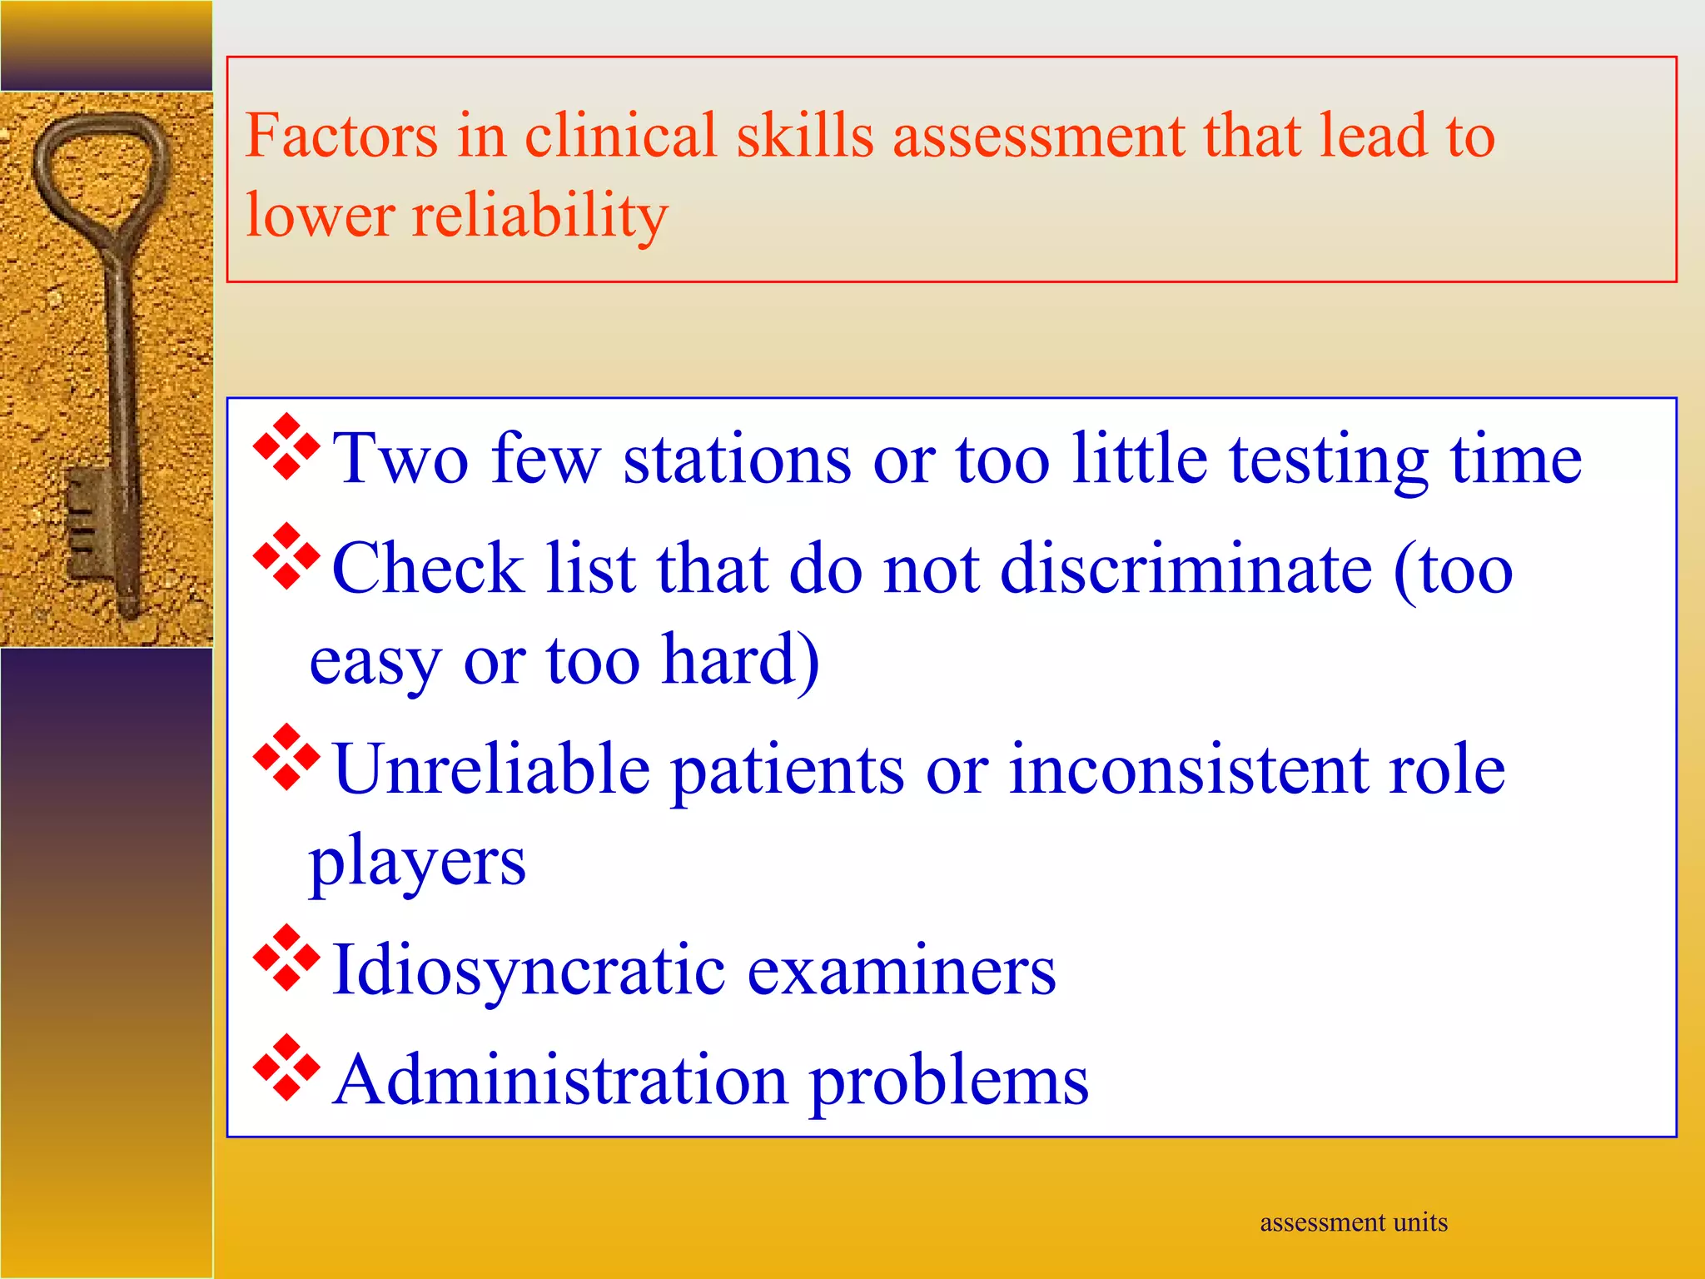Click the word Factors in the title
[x=341, y=136]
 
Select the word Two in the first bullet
[x=400, y=459]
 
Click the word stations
[x=737, y=459]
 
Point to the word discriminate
[x=1186, y=569]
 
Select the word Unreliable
[x=491, y=769]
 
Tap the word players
[x=417, y=863]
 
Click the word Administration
[x=560, y=1080]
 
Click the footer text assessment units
[x=1353, y=1222]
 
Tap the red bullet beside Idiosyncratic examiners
[x=286, y=958]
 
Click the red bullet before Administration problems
[x=286, y=1067]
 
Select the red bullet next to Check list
[x=286, y=556]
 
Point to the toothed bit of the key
[x=83, y=520]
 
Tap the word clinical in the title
[x=620, y=136]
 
